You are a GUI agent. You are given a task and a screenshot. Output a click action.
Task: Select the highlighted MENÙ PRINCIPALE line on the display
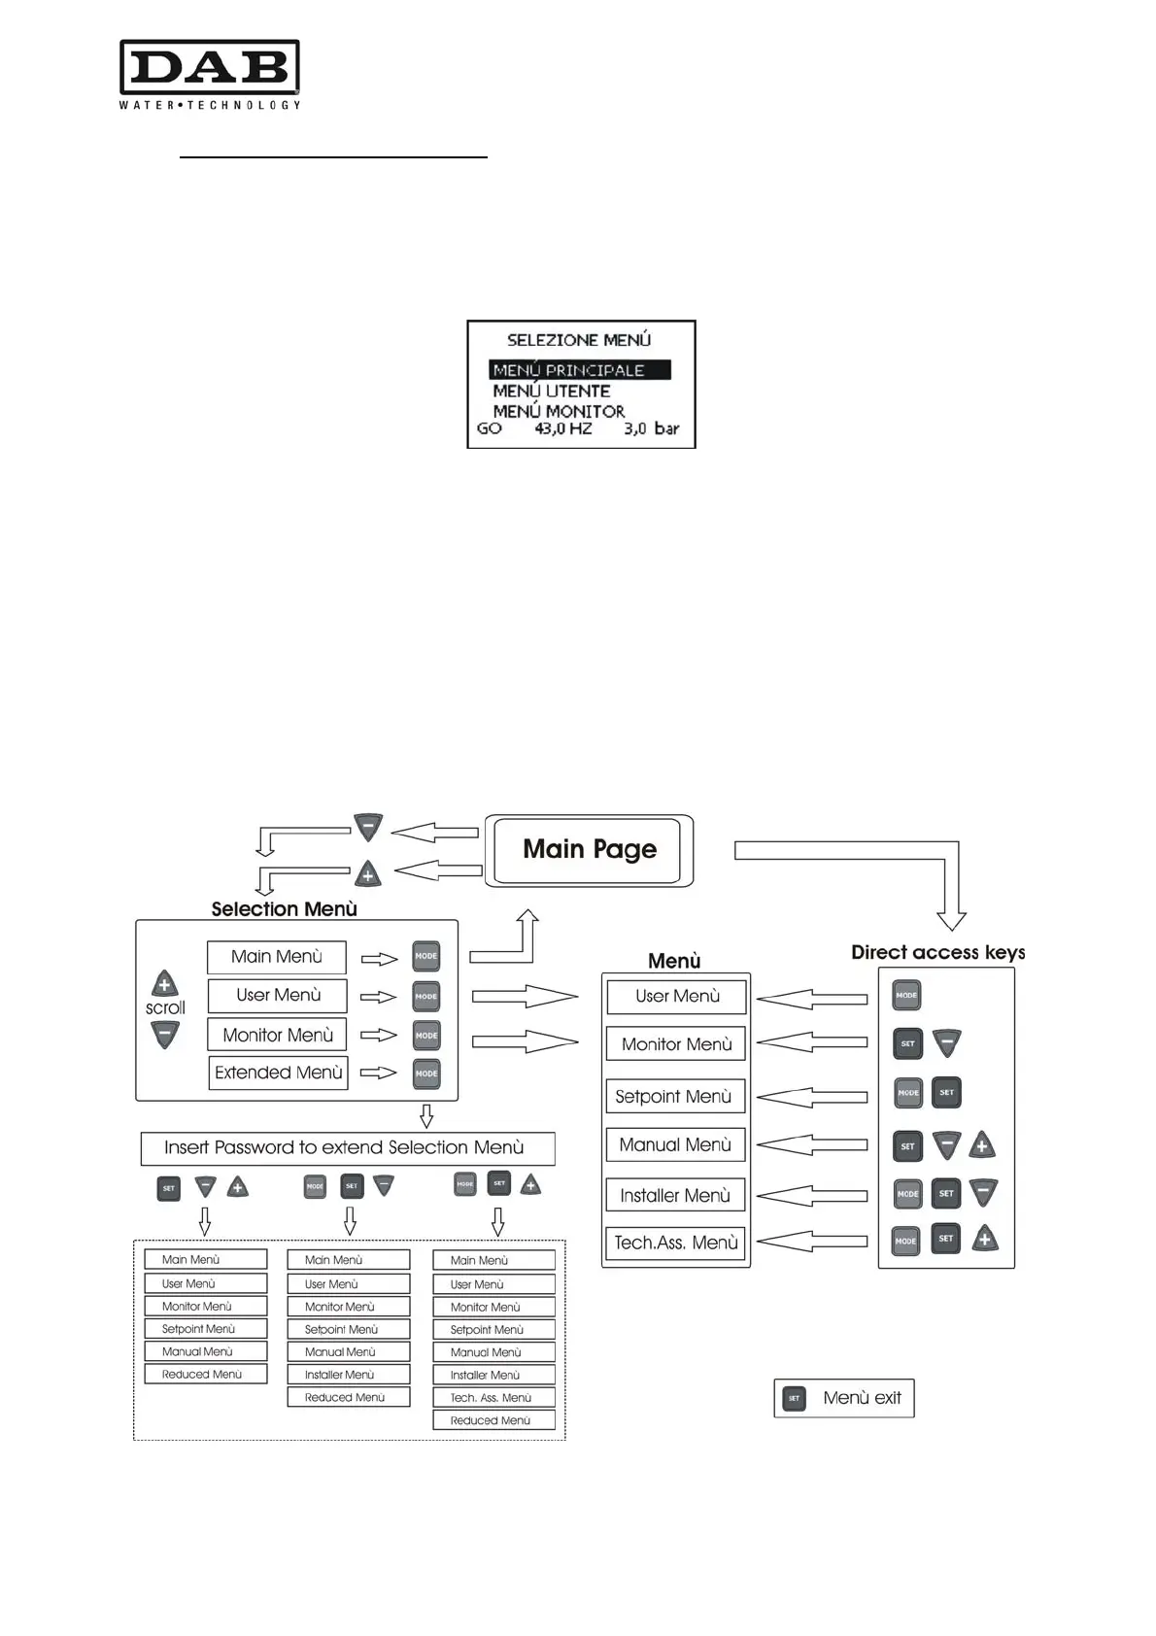pyautogui.click(x=579, y=370)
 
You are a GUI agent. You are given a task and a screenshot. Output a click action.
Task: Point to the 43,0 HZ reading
pyautogui.click(x=562, y=428)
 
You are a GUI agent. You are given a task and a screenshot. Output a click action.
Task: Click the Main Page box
pyautogui.click(x=590, y=850)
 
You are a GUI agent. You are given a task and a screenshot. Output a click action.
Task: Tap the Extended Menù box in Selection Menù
pyautogui.click(x=278, y=1073)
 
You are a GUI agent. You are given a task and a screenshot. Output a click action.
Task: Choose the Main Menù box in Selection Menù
pyautogui.click(x=277, y=957)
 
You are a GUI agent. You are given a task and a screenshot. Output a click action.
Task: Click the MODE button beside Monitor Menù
pyautogui.click(x=426, y=1036)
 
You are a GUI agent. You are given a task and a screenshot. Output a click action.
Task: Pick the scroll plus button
pyautogui.click(x=165, y=984)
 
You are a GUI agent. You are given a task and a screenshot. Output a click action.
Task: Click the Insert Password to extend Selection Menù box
pyautogui.click(x=347, y=1147)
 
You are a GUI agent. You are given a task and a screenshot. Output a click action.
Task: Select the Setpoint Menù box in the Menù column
pyautogui.click(x=675, y=1097)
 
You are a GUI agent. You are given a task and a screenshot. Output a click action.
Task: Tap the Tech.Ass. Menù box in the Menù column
pyautogui.click(x=675, y=1243)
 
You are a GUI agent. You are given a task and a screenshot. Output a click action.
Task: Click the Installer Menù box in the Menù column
pyautogui.click(x=675, y=1196)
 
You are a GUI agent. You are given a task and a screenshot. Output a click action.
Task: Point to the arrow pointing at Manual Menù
pyautogui.click(x=811, y=1145)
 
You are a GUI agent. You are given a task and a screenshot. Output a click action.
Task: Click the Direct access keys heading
pyautogui.click(x=937, y=952)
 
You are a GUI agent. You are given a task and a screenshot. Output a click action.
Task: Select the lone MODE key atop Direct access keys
pyautogui.click(x=906, y=995)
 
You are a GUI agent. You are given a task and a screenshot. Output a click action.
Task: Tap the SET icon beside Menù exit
pyautogui.click(x=795, y=1398)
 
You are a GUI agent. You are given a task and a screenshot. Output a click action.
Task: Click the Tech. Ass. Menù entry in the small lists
pyautogui.click(x=493, y=1398)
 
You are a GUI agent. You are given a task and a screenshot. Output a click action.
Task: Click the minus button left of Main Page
pyautogui.click(x=368, y=828)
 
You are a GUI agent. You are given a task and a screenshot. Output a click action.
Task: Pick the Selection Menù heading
pyautogui.click(x=284, y=909)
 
